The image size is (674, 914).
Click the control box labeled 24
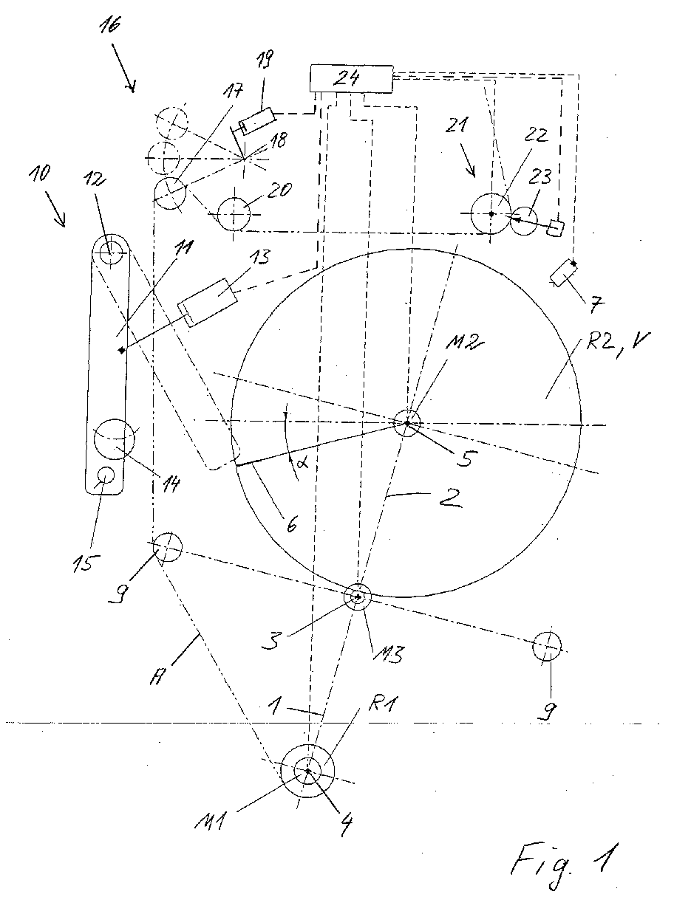351,78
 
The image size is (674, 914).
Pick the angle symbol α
301,463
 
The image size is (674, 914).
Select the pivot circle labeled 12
110,250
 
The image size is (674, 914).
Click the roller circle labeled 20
234,214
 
